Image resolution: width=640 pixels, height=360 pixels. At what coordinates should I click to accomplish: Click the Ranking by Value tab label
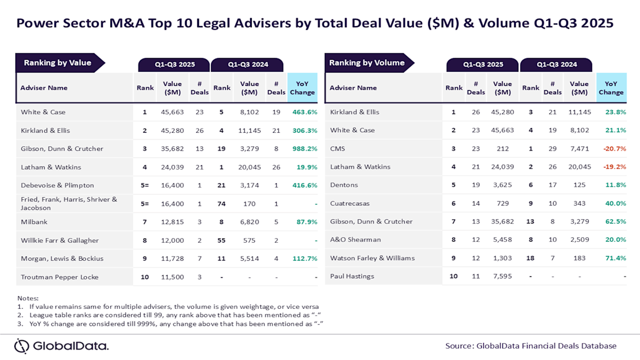point(58,62)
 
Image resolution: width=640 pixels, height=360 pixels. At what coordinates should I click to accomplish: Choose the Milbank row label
point(33,221)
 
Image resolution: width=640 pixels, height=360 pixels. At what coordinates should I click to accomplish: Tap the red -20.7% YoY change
point(613,148)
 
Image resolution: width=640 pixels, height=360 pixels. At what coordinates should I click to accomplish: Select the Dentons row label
point(344,185)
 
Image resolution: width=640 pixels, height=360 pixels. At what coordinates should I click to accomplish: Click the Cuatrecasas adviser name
point(350,203)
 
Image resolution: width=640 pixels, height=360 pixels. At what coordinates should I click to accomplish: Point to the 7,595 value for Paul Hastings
point(502,276)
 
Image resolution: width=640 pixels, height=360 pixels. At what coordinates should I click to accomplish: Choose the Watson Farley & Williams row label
point(372,258)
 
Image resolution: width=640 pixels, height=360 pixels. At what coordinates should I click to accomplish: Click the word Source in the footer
point(459,346)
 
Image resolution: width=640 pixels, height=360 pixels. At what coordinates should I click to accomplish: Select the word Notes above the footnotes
point(28,298)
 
